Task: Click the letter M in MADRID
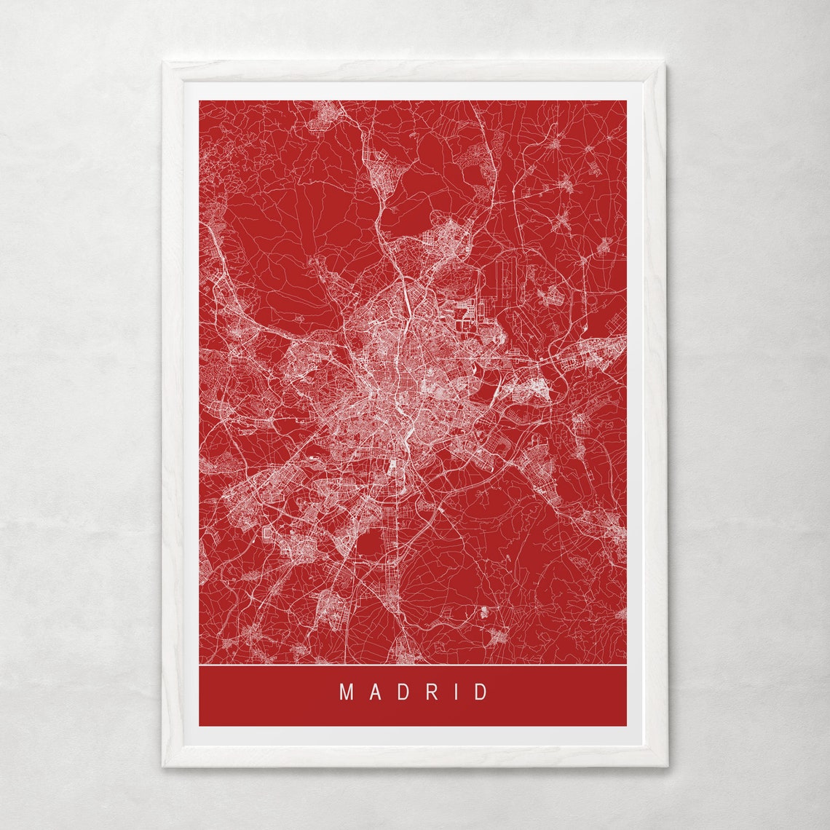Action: point(347,692)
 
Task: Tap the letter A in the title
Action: point(374,692)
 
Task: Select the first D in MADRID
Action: point(402,692)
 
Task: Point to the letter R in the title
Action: point(431,692)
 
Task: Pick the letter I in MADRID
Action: point(456,692)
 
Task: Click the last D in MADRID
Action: point(481,692)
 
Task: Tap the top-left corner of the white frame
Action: point(164,63)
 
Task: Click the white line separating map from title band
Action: point(413,665)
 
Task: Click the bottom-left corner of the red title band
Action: point(200,725)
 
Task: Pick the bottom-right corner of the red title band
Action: point(625,725)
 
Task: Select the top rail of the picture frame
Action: point(413,71)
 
